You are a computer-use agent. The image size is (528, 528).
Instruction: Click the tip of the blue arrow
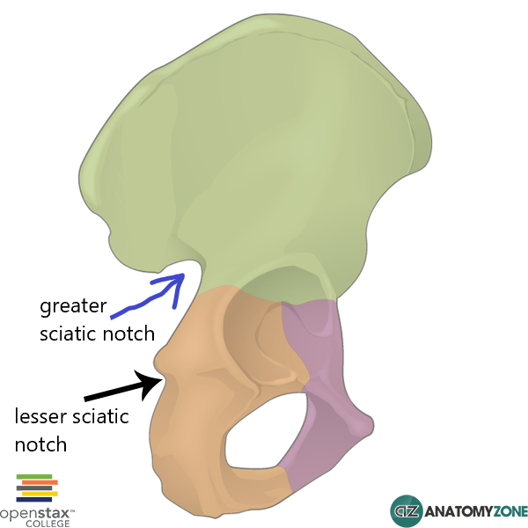coord(183,276)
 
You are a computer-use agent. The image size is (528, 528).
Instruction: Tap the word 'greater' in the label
coord(72,307)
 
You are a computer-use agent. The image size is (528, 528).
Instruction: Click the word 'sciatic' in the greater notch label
coord(69,334)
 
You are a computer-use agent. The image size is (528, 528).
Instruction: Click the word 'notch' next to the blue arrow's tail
coord(128,334)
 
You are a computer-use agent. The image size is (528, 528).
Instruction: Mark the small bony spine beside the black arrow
coord(161,361)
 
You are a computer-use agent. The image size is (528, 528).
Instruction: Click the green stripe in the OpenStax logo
coord(34,476)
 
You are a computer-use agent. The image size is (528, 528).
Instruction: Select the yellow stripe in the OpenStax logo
coord(36,494)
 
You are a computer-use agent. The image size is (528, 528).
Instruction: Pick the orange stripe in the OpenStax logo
coord(39,482)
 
